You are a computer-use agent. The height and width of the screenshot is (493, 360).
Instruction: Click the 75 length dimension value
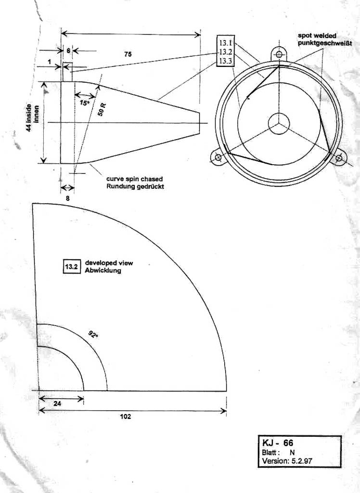(x=128, y=54)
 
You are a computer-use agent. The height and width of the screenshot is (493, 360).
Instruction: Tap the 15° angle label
(x=85, y=103)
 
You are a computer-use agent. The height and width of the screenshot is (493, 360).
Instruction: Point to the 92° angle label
(x=93, y=334)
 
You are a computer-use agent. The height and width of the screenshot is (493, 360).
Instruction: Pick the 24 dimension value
(x=57, y=404)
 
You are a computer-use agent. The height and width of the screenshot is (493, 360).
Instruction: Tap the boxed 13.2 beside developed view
(x=71, y=267)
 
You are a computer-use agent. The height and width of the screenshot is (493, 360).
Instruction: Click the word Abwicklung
(x=103, y=271)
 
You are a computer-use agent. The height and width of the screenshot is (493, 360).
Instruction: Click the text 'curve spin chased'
(x=134, y=179)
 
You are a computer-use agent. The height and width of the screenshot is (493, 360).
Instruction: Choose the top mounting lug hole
(x=279, y=54)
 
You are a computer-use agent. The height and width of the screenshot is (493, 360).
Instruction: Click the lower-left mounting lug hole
(x=218, y=157)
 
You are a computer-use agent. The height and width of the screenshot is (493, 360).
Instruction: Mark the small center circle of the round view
(x=279, y=123)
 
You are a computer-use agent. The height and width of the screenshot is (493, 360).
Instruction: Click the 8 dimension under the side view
(x=67, y=197)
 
